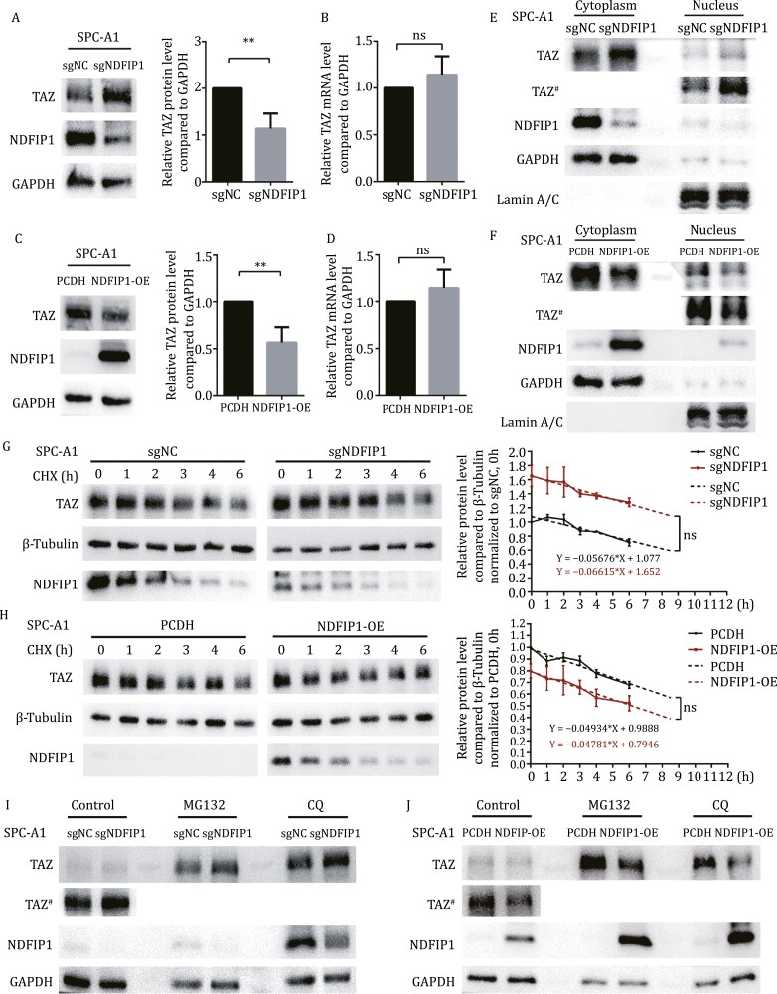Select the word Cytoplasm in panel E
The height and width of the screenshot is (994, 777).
612,8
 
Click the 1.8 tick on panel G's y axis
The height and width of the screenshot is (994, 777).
515,452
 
